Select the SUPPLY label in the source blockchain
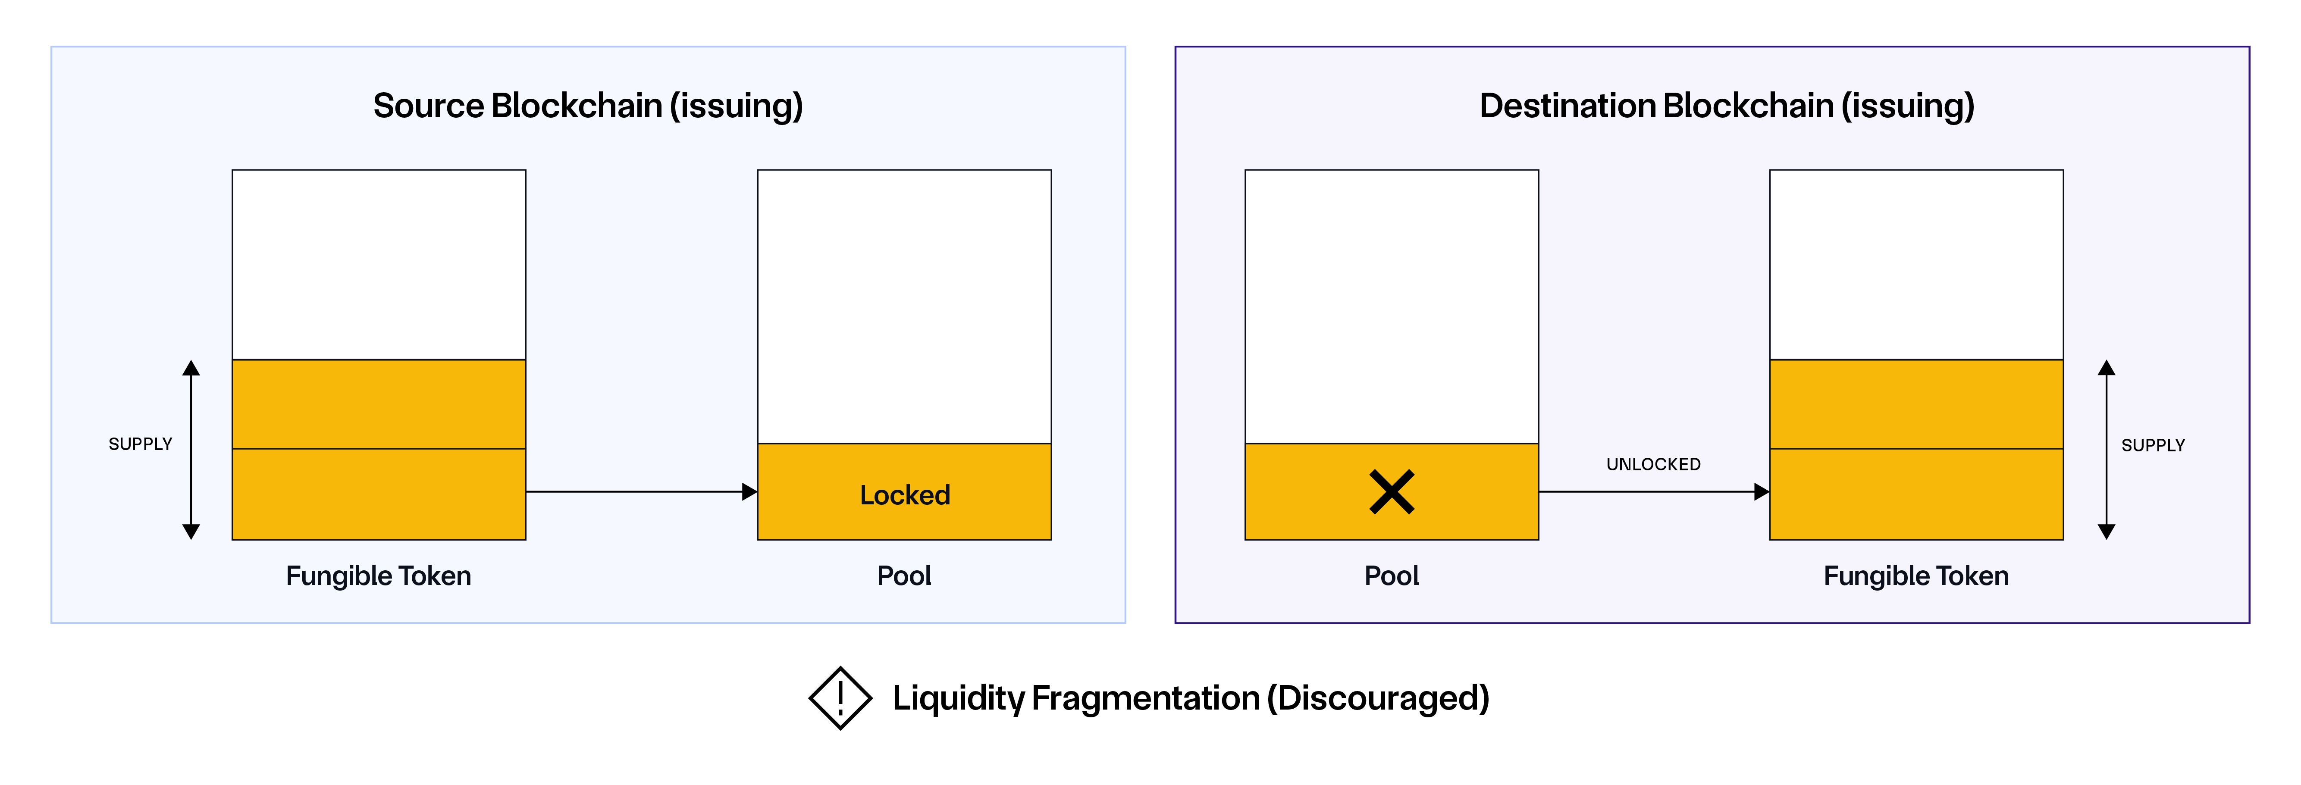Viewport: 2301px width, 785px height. coord(140,444)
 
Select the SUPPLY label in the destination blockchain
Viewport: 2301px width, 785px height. coord(2153,445)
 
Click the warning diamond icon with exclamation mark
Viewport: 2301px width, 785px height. coord(840,697)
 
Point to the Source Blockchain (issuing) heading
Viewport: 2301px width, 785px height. coord(588,105)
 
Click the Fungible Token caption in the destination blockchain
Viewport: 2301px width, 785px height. coord(1916,576)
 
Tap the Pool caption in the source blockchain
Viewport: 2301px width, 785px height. coord(904,576)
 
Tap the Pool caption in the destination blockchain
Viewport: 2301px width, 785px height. coord(1391,576)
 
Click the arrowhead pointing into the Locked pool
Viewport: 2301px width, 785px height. coord(749,491)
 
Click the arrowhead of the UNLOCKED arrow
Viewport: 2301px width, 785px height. coord(1762,491)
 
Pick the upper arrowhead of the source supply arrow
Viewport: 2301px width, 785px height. coord(191,368)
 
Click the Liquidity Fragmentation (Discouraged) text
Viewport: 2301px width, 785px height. coord(1191,697)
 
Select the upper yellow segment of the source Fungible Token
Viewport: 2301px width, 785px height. coord(379,403)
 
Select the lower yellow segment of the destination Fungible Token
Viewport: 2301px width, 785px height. coord(1916,494)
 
